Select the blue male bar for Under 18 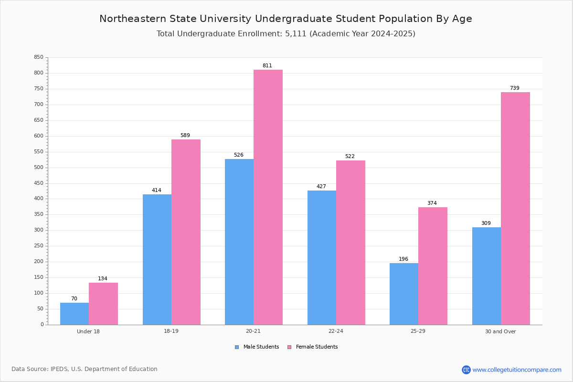pos(74,314)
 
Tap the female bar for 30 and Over pos(515,208)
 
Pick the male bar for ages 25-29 pos(404,294)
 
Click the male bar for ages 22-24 pos(322,257)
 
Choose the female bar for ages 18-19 pos(186,232)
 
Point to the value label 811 pos(267,66)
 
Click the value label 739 pos(514,88)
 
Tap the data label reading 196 pos(403,259)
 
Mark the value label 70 pos(74,299)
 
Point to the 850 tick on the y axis pos(39,57)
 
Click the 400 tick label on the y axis pos(39,199)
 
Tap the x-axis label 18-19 pos(171,331)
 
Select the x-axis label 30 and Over pos(500,331)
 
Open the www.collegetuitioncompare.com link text pos(517,370)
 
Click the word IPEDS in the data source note pos(59,369)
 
